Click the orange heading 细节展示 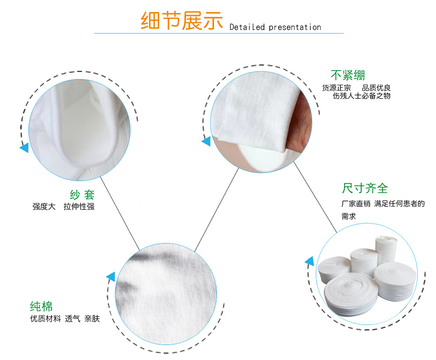pyautogui.click(x=182, y=20)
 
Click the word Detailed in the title pyautogui.click(x=247, y=27)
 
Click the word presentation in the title pyautogui.click(x=295, y=27)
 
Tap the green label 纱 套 pyautogui.click(x=82, y=194)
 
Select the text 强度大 pyautogui.click(x=44, y=207)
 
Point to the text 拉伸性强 pyautogui.click(x=79, y=207)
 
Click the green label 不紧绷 pyautogui.click(x=347, y=75)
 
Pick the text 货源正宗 pyautogui.click(x=337, y=88)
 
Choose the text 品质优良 pyautogui.click(x=376, y=88)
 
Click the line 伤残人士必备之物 pyautogui.click(x=361, y=96)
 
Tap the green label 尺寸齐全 pyautogui.click(x=364, y=188)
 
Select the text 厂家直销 pyautogui.click(x=356, y=204)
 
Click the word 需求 pyautogui.click(x=349, y=216)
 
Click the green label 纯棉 pyautogui.click(x=41, y=306)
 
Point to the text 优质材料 pyautogui.click(x=45, y=319)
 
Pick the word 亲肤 pyautogui.click(x=92, y=319)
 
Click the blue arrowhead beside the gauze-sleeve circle pyautogui.click(x=24, y=148)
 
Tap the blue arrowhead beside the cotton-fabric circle pyautogui.click(x=111, y=277)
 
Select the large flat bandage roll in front pyautogui.click(x=351, y=294)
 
